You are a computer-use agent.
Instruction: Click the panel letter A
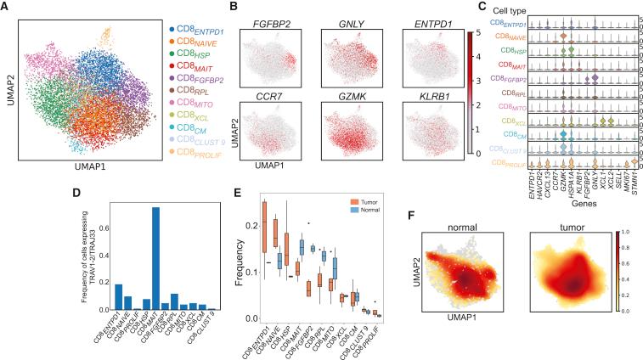tap(5, 7)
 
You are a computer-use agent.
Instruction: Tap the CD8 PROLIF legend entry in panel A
tap(201, 151)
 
